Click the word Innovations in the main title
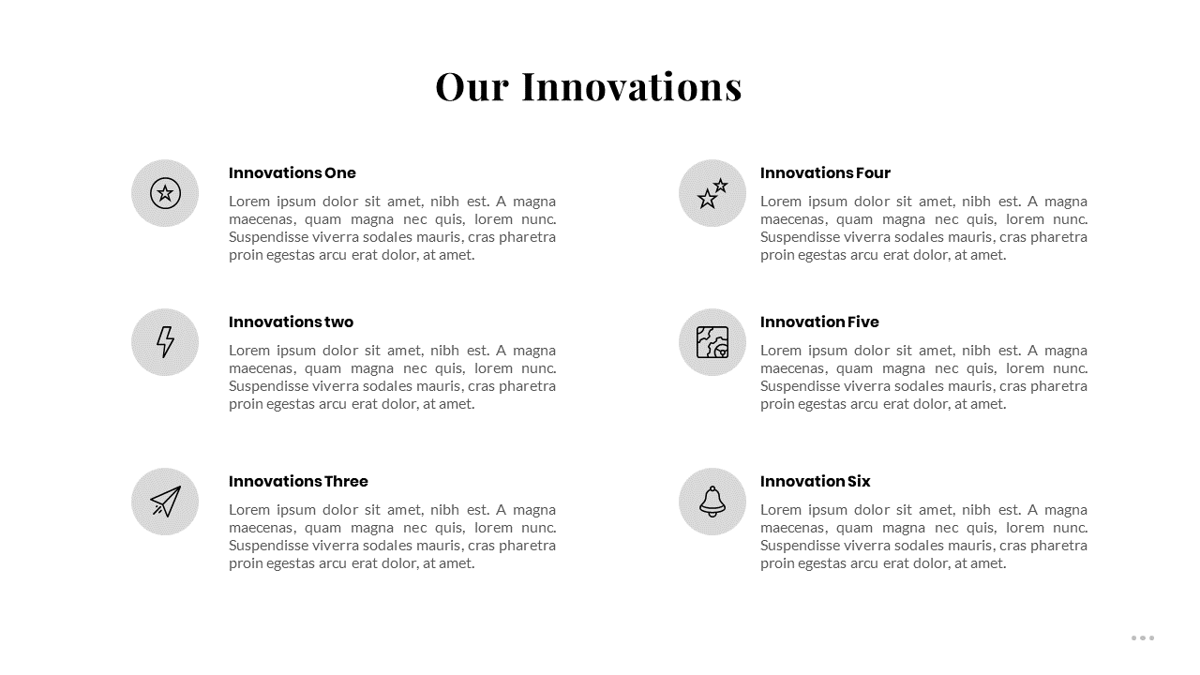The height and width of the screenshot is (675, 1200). [632, 86]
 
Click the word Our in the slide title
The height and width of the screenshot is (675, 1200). [472, 86]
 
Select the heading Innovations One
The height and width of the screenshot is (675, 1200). [292, 173]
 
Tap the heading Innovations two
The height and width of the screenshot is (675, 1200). [291, 322]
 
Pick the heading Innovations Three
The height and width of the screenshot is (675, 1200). [298, 481]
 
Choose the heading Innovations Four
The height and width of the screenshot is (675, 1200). [825, 173]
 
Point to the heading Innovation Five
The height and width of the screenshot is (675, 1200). [819, 322]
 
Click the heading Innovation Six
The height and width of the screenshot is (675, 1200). [816, 481]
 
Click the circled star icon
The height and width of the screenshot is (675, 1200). [165, 193]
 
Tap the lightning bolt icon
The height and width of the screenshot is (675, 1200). [165, 342]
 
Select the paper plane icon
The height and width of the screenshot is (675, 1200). [166, 502]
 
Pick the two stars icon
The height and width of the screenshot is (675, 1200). [712, 193]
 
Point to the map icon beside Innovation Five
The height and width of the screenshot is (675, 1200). [712, 342]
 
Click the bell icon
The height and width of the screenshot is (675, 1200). [712, 502]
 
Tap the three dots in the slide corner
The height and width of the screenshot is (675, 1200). [1143, 638]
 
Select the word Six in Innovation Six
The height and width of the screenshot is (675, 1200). [859, 481]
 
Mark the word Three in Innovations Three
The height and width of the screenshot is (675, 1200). [346, 481]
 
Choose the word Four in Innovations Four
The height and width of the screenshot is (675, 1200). [873, 173]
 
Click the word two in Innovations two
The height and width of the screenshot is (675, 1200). [338, 322]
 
